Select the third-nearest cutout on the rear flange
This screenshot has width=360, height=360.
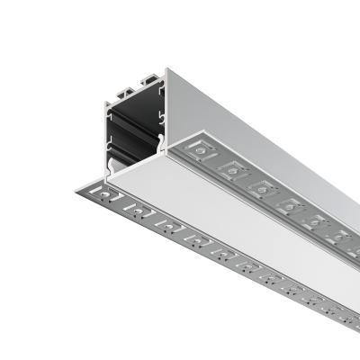[262, 186]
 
